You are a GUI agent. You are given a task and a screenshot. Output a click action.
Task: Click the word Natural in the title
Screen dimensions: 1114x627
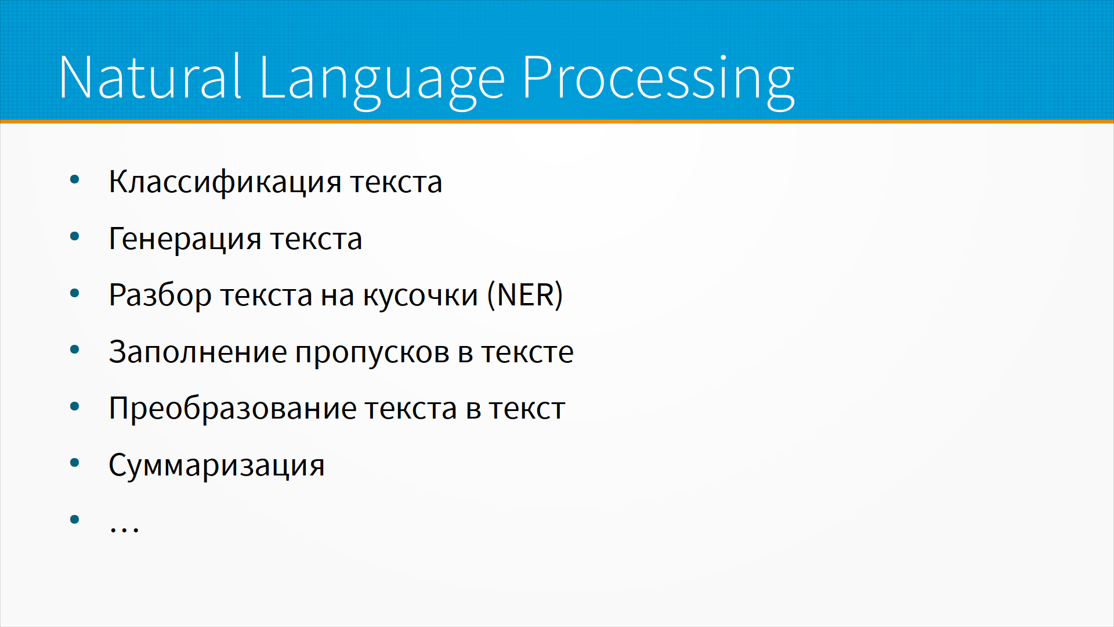pos(150,77)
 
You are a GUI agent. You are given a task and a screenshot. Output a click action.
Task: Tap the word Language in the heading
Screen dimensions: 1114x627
pos(382,81)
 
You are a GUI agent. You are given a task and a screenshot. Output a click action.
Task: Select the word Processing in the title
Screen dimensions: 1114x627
pos(658,81)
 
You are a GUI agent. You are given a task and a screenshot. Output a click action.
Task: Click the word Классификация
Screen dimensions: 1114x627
pos(225,182)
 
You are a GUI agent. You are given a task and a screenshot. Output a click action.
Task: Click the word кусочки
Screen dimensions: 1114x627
pos(421,296)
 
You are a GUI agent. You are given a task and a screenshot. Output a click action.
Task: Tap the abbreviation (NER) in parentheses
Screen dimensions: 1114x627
pos(525,295)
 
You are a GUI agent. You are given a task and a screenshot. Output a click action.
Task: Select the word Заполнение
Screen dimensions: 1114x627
pos(198,352)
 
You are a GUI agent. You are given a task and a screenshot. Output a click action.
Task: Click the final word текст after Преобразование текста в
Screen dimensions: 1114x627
pos(527,409)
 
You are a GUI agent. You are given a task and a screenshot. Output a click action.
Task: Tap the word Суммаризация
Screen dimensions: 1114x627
pos(216,466)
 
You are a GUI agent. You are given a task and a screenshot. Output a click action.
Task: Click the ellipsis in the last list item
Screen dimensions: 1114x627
pos(124,528)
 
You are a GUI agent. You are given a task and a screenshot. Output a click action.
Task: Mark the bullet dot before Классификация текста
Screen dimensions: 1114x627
pos(74,179)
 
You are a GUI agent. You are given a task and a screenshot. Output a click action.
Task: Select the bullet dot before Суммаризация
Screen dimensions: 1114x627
pos(74,463)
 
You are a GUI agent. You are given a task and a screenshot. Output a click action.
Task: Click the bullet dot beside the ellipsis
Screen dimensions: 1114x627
pos(74,519)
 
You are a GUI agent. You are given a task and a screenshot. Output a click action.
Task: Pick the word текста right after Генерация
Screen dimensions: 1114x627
pos(316,239)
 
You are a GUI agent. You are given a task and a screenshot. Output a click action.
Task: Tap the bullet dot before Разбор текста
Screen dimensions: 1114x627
pos(74,293)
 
